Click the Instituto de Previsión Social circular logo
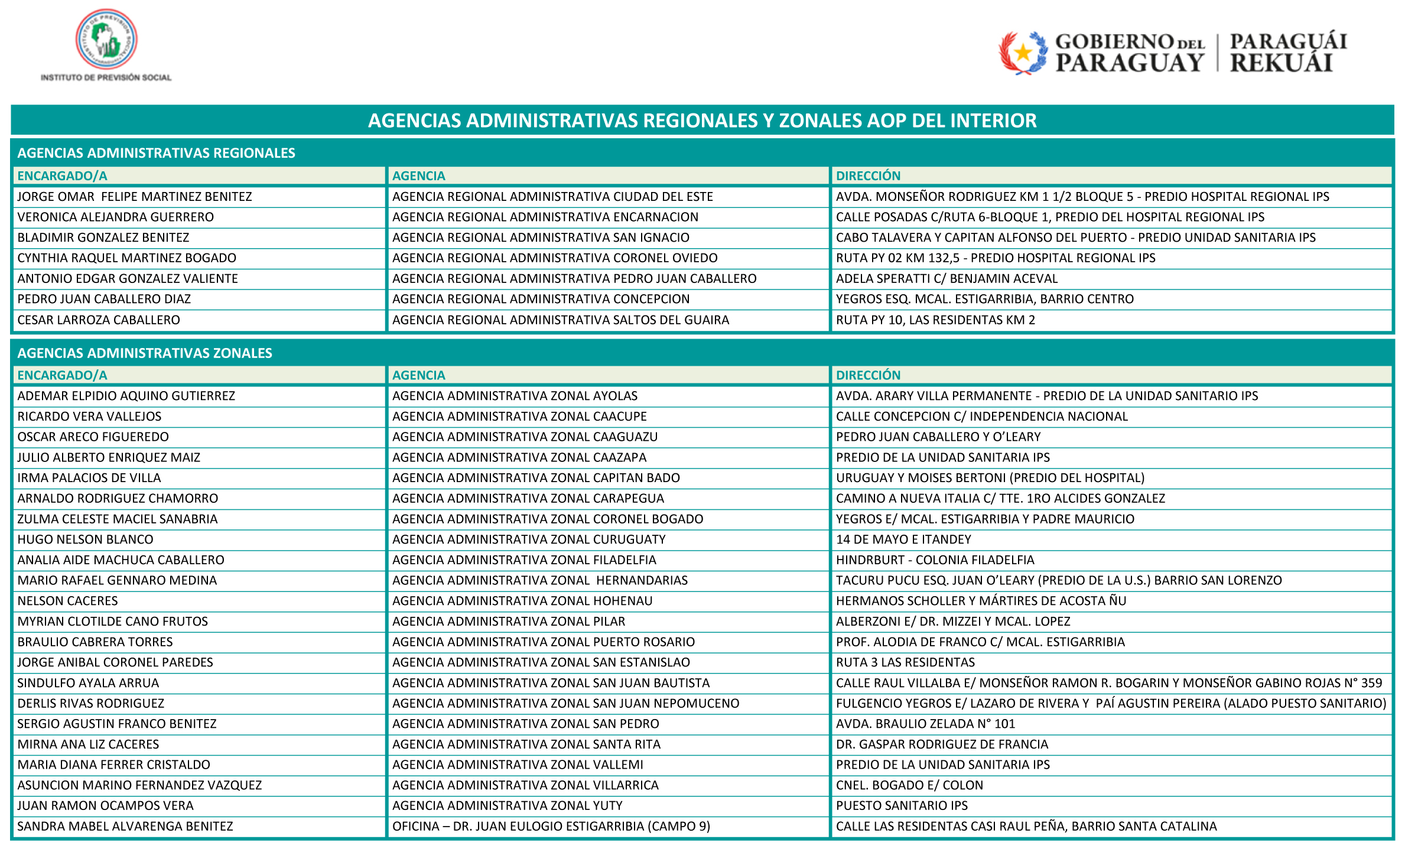pos(106,40)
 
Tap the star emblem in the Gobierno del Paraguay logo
pos(1023,53)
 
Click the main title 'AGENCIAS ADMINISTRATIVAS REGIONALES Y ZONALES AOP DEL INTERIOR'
pos(702,121)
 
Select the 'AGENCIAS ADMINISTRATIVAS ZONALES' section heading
pos(145,353)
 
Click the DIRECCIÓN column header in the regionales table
pos(868,175)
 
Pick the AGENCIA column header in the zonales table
pos(418,375)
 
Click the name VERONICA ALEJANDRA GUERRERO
pos(116,217)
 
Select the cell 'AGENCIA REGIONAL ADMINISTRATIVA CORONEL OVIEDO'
pos(555,258)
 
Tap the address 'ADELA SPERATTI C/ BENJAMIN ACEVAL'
pos(947,278)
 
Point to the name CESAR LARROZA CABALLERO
pos(99,320)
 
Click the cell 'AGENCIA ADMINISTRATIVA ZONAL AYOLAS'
pos(515,396)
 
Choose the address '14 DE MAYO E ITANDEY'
pos(903,539)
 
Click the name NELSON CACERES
pos(68,601)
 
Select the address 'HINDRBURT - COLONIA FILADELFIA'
pos(935,560)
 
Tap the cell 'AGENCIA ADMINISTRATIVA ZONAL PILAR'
pos(509,621)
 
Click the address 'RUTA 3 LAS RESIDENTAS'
pos(905,662)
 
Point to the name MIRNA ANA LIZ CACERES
pos(89,744)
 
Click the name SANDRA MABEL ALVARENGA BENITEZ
pos(125,826)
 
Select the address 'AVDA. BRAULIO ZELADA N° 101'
pos(925,724)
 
